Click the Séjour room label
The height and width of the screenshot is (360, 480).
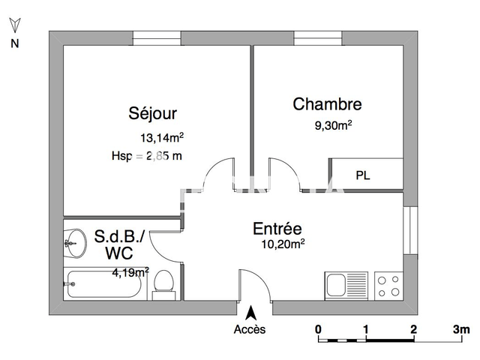pos(152,114)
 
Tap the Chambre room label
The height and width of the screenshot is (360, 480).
pos(327,105)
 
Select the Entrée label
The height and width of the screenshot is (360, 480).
pos(277,229)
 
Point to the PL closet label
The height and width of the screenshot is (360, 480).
pos(363,176)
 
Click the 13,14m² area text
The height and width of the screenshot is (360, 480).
pos(162,137)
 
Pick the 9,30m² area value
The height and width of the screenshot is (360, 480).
pos(334,125)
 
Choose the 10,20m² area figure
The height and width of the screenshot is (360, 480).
pos(282,243)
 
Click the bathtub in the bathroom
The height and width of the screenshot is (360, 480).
pos(106,285)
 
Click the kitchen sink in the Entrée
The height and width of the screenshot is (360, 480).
pos(337,285)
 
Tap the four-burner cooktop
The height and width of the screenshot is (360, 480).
pos(389,285)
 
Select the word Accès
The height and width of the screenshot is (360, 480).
pos(249,330)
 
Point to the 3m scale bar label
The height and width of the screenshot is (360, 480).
pos(460,329)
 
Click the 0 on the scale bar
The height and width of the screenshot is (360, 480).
pos(319,329)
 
